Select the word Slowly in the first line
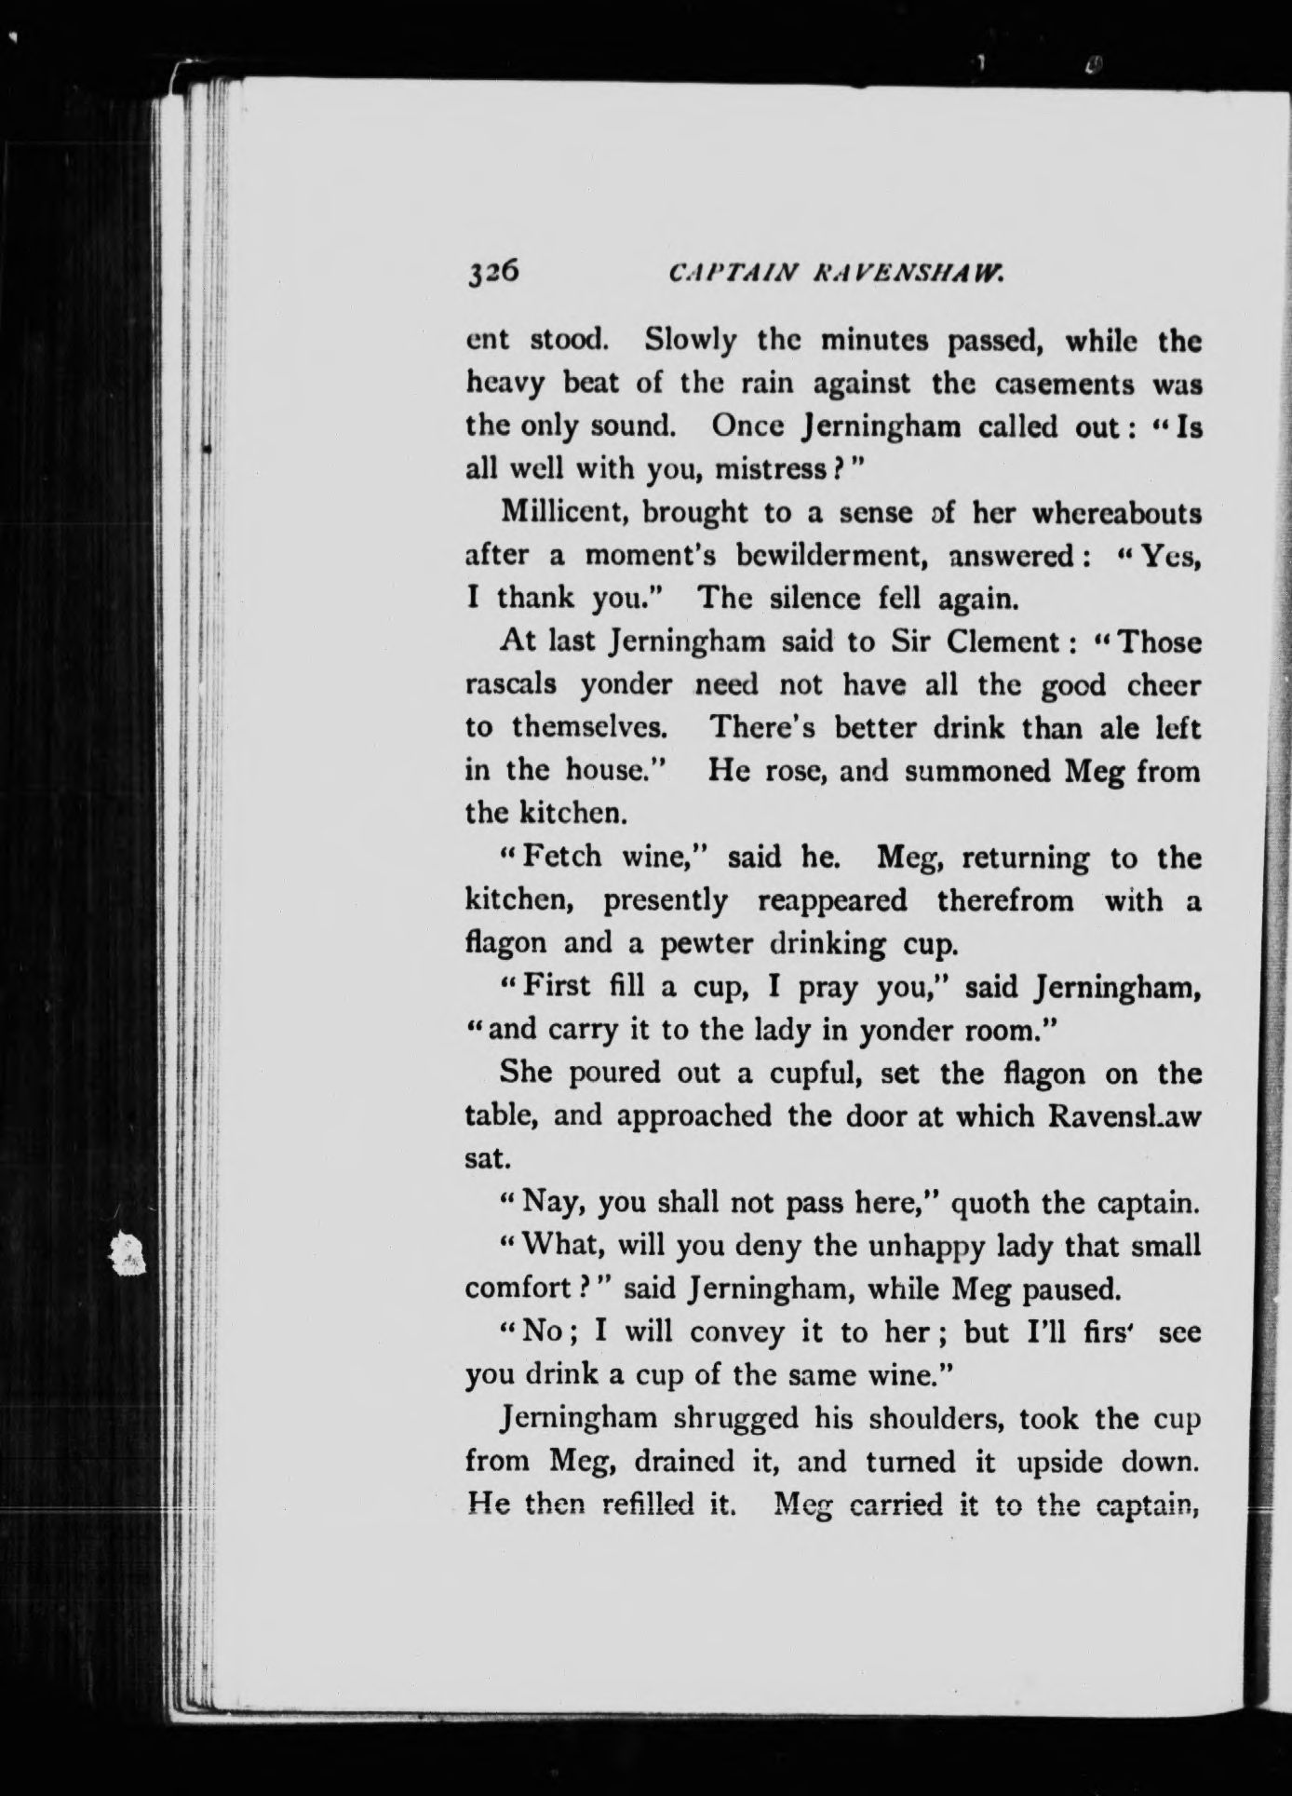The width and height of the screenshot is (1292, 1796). [691, 341]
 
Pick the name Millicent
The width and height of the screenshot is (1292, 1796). [562, 512]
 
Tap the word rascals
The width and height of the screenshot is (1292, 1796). [511, 684]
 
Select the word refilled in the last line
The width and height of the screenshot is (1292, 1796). [642, 1506]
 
